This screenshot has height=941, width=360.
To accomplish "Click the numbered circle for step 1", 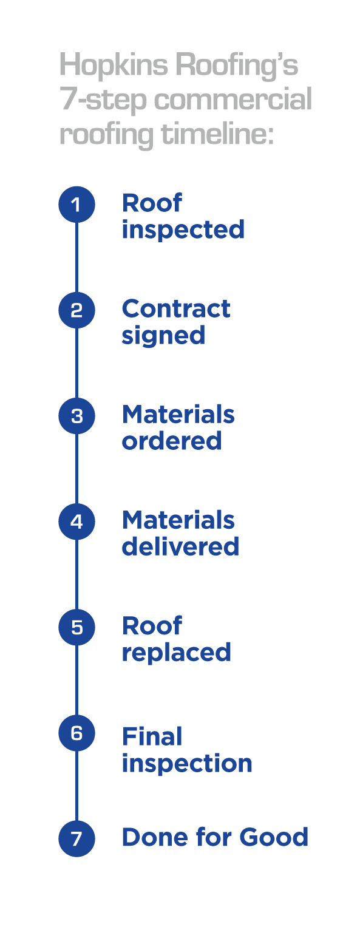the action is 76,205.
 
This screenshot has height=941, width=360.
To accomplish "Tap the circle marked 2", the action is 76,310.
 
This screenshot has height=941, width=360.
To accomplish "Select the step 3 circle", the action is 76,416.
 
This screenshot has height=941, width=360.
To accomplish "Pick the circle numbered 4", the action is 76,521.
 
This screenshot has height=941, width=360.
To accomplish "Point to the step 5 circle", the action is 76,627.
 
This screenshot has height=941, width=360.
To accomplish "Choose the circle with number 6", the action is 76,733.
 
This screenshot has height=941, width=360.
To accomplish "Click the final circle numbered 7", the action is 76,838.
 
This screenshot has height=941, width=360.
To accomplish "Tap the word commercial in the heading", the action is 233,100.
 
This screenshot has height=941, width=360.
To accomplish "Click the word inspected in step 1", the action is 183,230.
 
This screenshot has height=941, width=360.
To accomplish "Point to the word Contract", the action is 176,309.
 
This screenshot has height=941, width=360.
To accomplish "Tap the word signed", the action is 163,336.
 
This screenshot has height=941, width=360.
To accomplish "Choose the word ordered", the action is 172,441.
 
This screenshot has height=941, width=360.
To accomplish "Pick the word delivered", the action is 181,546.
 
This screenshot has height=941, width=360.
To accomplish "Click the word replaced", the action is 177,653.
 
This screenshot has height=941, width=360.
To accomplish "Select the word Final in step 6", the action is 152,736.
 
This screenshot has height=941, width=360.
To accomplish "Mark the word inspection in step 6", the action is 187,764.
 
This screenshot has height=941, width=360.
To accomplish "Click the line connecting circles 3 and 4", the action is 76,469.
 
